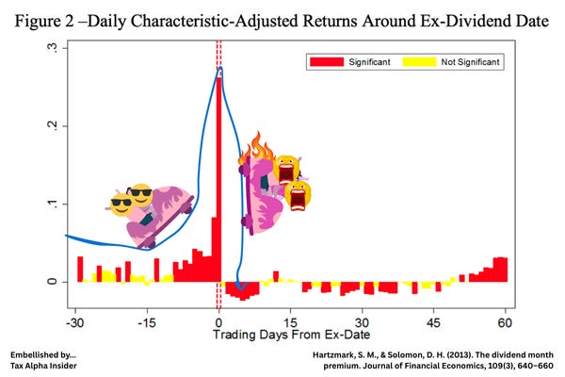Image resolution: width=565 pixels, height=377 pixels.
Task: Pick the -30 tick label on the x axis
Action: tap(74, 320)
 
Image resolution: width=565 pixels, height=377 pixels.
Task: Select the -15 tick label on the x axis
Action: tap(146, 320)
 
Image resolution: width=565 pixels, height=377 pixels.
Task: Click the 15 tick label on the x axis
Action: tap(291, 320)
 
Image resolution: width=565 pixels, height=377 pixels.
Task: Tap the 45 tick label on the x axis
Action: tap(435, 320)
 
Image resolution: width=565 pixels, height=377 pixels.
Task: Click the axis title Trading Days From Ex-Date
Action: tap(291, 334)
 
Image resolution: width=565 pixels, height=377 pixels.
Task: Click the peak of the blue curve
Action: tap(219, 68)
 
